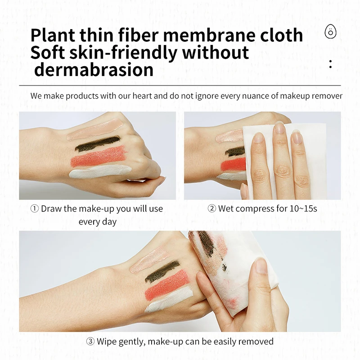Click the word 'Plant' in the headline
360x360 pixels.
tap(56, 35)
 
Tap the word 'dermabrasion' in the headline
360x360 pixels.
tap(94, 70)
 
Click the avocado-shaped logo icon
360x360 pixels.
tap(331, 32)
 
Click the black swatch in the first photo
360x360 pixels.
tap(97, 144)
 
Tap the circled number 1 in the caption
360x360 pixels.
tap(34, 209)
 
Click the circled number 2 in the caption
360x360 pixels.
tap(212, 209)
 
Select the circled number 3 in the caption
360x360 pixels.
tap(90, 342)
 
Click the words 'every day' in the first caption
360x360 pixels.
tap(98, 221)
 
